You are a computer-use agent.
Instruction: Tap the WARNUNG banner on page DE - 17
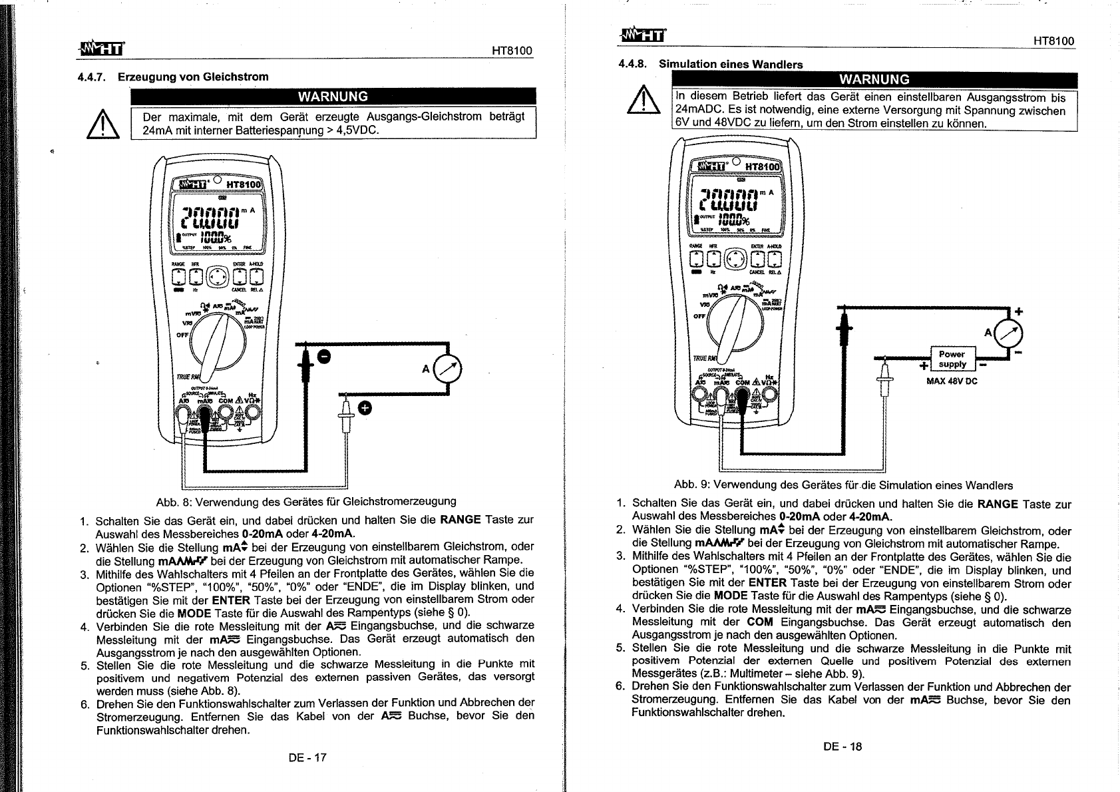[333, 97]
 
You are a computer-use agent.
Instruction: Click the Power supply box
[952, 359]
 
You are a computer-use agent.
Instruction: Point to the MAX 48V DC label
[952, 381]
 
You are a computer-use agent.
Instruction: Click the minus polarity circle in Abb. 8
[323, 358]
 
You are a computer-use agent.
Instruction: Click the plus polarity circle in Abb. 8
[365, 407]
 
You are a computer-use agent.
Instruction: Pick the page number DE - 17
[307, 757]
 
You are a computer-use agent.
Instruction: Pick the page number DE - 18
[842, 746]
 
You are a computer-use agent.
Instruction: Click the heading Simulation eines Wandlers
[730, 65]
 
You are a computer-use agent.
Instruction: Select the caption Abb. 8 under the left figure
[305, 501]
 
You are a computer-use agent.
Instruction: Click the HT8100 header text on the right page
[1053, 41]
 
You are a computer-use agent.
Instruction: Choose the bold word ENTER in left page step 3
[230, 600]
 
